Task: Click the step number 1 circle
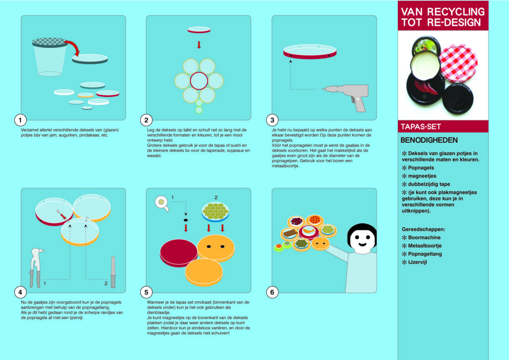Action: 20,120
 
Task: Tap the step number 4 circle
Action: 20,292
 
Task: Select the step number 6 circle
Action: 272,292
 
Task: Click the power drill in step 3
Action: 349,96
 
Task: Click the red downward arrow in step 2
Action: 199,45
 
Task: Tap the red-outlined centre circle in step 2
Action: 199,81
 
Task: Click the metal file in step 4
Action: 113,272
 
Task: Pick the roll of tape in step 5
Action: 162,203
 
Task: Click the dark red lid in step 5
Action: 178,253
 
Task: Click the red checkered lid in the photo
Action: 458,63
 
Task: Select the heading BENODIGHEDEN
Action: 429,140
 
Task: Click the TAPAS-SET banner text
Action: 421,127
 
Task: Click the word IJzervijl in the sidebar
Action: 418,262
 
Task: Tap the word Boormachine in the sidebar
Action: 424,237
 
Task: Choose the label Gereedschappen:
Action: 424,229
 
